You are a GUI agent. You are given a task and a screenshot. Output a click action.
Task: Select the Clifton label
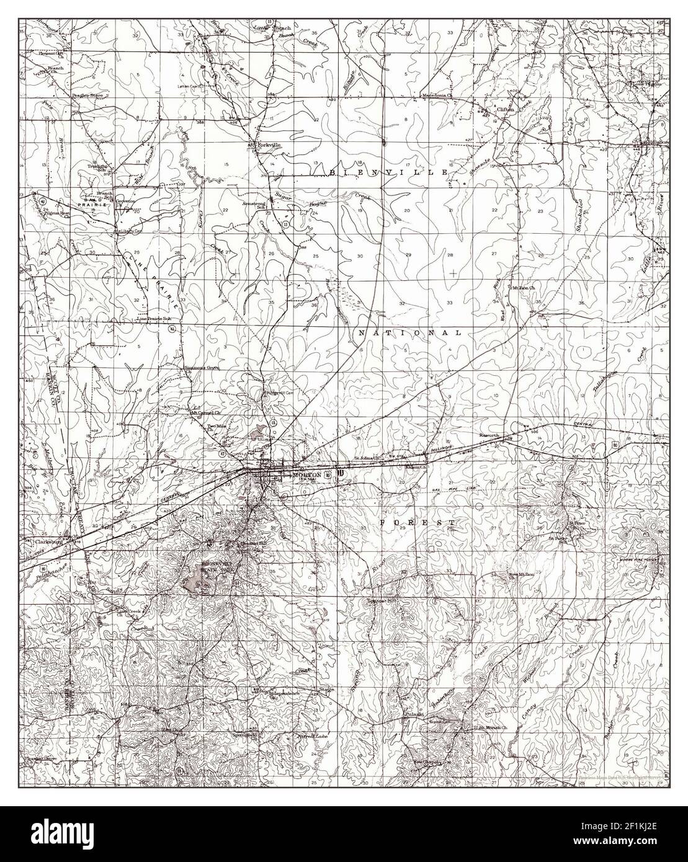[506, 109]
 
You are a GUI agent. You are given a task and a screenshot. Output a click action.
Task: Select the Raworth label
[489, 435]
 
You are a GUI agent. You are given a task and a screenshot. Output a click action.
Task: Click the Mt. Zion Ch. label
[522, 288]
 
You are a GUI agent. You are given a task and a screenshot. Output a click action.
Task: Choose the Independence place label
[284, 693]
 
